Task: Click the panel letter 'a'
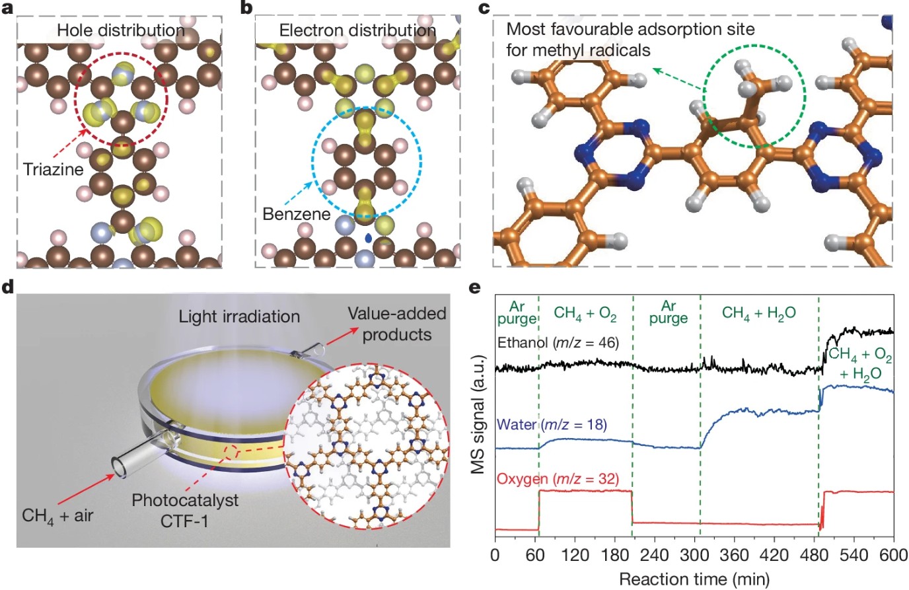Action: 8,8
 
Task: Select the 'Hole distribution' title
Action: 120,30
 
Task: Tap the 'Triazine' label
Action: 54,169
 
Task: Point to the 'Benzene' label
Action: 297,214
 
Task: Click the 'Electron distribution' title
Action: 357,30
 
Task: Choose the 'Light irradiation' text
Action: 239,316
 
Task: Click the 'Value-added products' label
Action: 397,324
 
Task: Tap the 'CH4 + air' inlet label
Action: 57,515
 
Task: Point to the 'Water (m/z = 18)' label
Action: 551,424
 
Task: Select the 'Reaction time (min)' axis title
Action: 694,579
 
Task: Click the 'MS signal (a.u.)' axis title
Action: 480,415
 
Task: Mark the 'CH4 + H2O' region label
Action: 759,313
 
